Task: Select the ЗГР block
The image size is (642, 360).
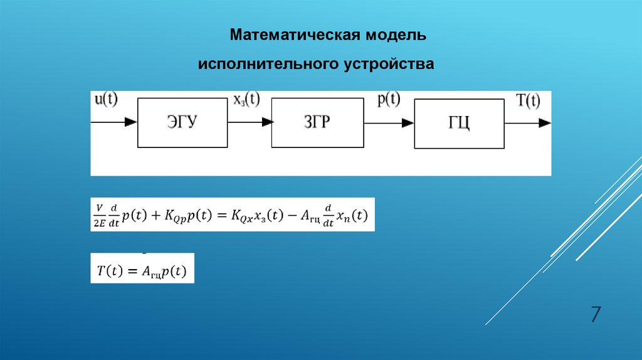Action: [316, 122]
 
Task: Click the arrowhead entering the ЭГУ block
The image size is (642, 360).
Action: [131, 122]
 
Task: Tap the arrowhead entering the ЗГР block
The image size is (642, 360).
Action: [266, 122]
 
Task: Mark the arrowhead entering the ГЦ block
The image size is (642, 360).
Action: [408, 123]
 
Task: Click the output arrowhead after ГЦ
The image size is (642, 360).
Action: [545, 123]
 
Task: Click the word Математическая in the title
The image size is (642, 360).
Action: [293, 34]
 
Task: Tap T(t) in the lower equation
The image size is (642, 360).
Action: [109, 271]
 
